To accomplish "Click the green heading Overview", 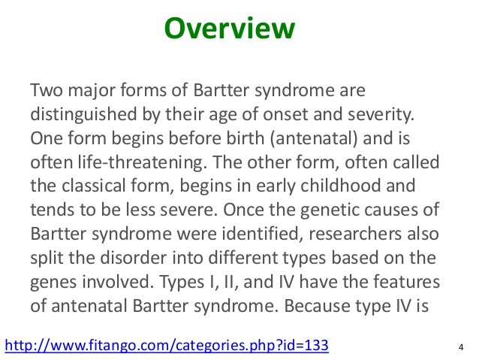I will tap(230, 31).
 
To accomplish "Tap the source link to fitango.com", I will tap(167, 345).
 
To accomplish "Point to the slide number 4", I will tap(459, 346).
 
